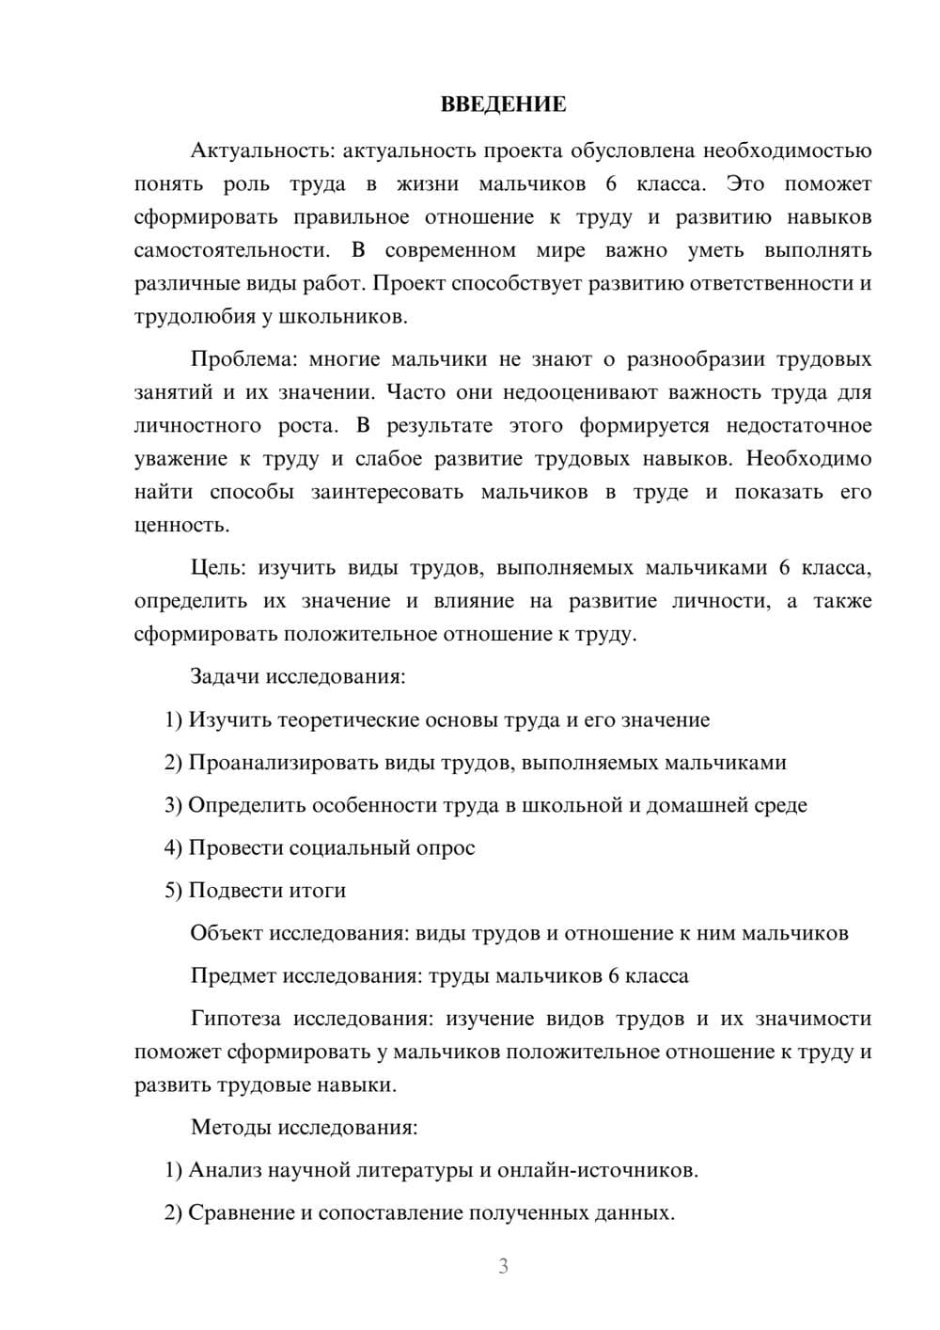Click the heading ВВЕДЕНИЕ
click(503, 104)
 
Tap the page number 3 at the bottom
click(503, 1266)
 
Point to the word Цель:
click(217, 568)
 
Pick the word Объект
click(227, 933)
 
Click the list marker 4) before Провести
click(173, 847)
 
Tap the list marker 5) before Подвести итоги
click(173, 891)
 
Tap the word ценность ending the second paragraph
click(180, 525)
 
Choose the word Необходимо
click(808, 459)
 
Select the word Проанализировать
click(284, 763)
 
